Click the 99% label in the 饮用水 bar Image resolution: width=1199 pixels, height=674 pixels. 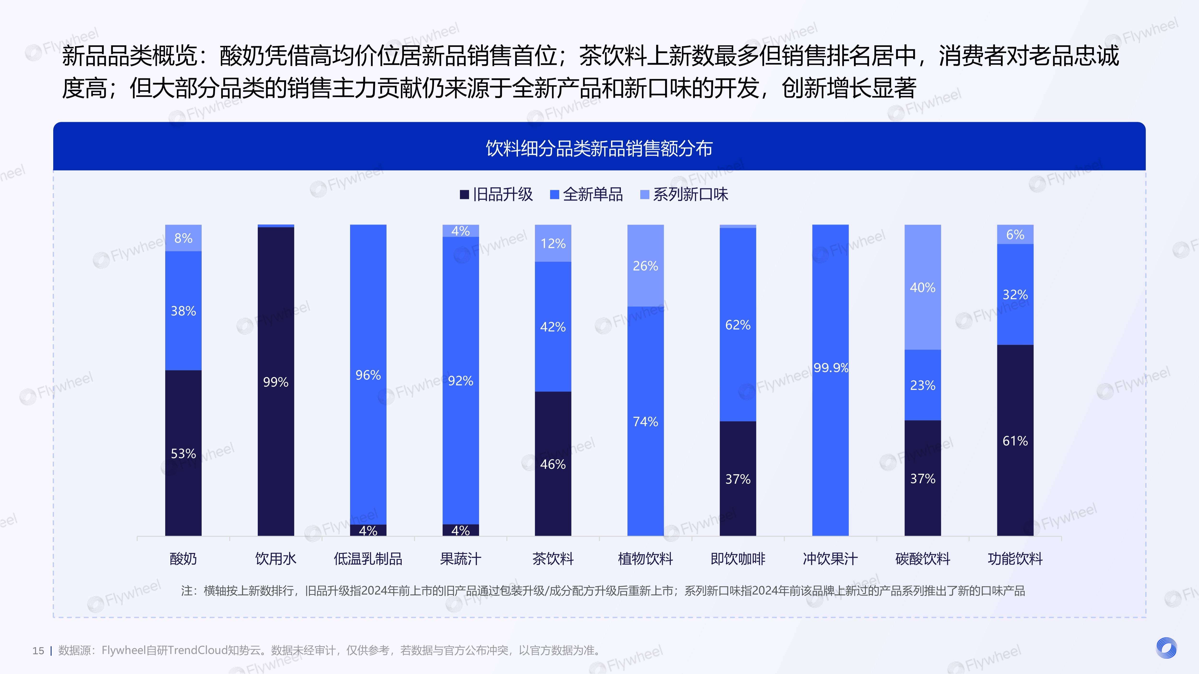(276, 382)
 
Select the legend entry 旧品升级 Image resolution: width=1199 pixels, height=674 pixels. (496, 194)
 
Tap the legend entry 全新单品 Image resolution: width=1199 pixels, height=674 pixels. (587, 194)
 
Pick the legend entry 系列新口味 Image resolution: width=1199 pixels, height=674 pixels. (684, 194)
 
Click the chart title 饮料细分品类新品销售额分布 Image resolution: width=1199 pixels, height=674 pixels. (599, 148)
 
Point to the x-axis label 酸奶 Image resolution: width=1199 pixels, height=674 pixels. (183, 559)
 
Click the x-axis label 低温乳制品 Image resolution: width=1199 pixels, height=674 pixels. (368, 559)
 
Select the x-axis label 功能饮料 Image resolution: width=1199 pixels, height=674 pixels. (1015, 559)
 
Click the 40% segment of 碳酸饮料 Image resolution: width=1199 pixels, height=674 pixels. (923, 287)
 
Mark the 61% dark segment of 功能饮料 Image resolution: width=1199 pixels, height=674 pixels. (1015, 441)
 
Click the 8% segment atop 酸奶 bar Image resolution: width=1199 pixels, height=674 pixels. (183, 238)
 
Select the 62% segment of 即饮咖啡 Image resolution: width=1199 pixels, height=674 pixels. (738, 325)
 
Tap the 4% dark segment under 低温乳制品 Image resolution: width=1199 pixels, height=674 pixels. (368, 530)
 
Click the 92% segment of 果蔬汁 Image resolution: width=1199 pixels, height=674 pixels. (460, 380)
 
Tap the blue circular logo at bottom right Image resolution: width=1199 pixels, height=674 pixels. (1166, 648)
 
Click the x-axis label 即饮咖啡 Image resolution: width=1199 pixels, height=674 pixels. (738, 559)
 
